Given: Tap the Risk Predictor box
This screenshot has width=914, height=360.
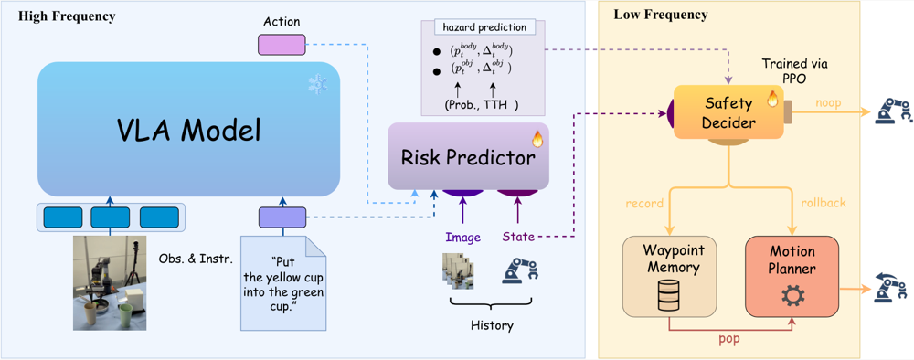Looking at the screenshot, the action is point(469,156).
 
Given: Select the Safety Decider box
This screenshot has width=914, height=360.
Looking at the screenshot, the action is point(728,112).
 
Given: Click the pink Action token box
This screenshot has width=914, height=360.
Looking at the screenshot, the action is point(282,44).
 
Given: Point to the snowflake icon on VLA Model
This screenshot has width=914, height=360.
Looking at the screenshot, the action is point(318,84).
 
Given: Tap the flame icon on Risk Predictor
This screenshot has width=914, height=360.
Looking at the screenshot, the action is point(537,139).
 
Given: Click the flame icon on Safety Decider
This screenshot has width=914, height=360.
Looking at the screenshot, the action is point(773,99).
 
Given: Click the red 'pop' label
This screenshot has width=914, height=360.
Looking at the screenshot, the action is point(729,338).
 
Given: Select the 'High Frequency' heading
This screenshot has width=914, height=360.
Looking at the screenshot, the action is point(67,16).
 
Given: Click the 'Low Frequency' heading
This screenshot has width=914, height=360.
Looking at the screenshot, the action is point(661,15).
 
